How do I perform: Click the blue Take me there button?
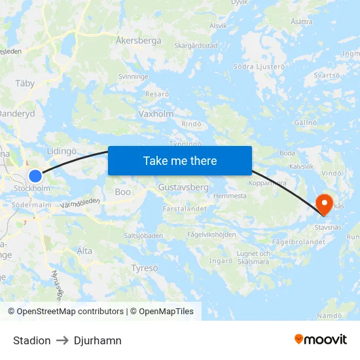pyautogui.click(x=180, y=160)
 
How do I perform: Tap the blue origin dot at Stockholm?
pyautogui.click(x=35, y=176)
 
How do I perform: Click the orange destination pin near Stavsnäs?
pyautogui.click(x=324, y=204)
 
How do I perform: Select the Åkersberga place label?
pyautogui.click(x=138, y=41)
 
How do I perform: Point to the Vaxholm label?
pyautogui.click(x=156, y=113)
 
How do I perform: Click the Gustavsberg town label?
pyautogui.click(x=183, y=187)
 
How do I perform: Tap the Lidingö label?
pyautogui.click(x=62, y=151)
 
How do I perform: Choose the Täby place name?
pyautogui.click(x=25, y=84)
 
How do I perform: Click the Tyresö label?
pyautogui.click(x=144, y=268)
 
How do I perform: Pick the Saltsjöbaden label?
pyautogui.click(x=144, y=235)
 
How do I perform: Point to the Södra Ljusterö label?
pyautogui.click(x=260, y=67)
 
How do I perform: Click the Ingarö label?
pyautogui.click(x=221, y=261)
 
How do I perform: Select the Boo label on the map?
pyautogui.click(x=123, y=192)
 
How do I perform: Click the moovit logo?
pyautogui.click(x=321, y=339)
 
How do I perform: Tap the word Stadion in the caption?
pyautogui.click(x=31, y=340)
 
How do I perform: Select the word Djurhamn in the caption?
pyautogui.click(x=98, y=340)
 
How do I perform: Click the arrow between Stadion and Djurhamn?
pyautogui.click(x=62, y=340)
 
